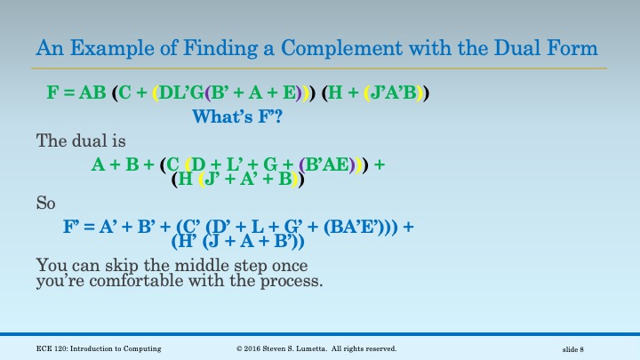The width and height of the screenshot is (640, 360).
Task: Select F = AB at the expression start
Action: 76,92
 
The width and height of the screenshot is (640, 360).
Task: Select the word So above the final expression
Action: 45,203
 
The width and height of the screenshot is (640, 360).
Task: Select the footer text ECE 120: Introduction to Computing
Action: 99,348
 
